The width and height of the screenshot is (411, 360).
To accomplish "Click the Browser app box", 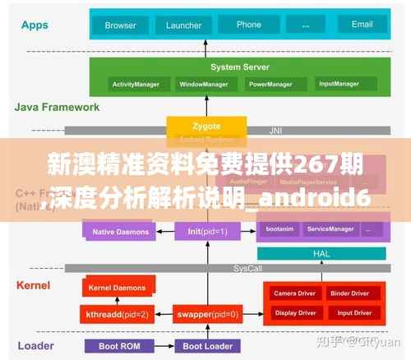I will pyautogui.click(x=120, y=25).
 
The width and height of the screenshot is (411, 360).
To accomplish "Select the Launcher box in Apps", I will pyautogui.click(x=183, y=25).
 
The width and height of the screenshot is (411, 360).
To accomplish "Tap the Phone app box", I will pyautogui.click(x=248, y=25).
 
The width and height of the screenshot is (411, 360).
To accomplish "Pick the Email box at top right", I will pyautogui.click(x=363, y=25).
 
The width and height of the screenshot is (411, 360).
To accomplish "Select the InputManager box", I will pyautogui.click(x=339, y=84).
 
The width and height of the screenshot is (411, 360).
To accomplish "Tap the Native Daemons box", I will pyautogui.click(x=120, y=232).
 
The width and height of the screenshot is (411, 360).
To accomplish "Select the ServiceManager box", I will pyautogui.click(x=330, y=228).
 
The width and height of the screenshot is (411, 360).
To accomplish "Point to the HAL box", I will pyautogui.click(x=321, y=254).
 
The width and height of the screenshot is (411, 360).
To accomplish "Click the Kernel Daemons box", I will pyautogui.click(x=117, y=288).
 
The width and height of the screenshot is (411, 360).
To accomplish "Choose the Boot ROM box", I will pyautogui.click(x=118, y=346).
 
